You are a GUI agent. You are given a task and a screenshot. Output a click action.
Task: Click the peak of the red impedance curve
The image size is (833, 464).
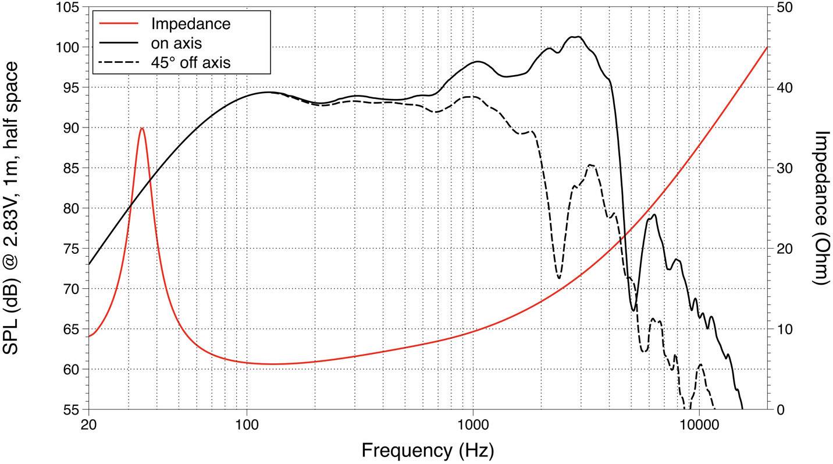(x=142, y=128)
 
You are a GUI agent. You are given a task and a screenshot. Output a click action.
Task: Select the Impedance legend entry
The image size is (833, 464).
(x=190, y=24)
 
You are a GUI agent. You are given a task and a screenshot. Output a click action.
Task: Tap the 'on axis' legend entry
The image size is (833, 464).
(x=176, y=43)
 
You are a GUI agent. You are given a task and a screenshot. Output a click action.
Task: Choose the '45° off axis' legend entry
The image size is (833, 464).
(x=190, y=62)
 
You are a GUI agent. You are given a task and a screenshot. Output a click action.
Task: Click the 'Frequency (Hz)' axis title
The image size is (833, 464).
(x=428, y=450)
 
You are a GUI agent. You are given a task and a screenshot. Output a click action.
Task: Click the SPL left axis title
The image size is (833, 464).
(x=13, y=208)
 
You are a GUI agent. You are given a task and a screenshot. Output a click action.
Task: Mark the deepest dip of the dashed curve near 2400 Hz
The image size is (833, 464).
(x=559, y=278)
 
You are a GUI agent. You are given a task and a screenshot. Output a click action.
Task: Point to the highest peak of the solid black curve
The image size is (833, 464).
(x=575, y=37)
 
